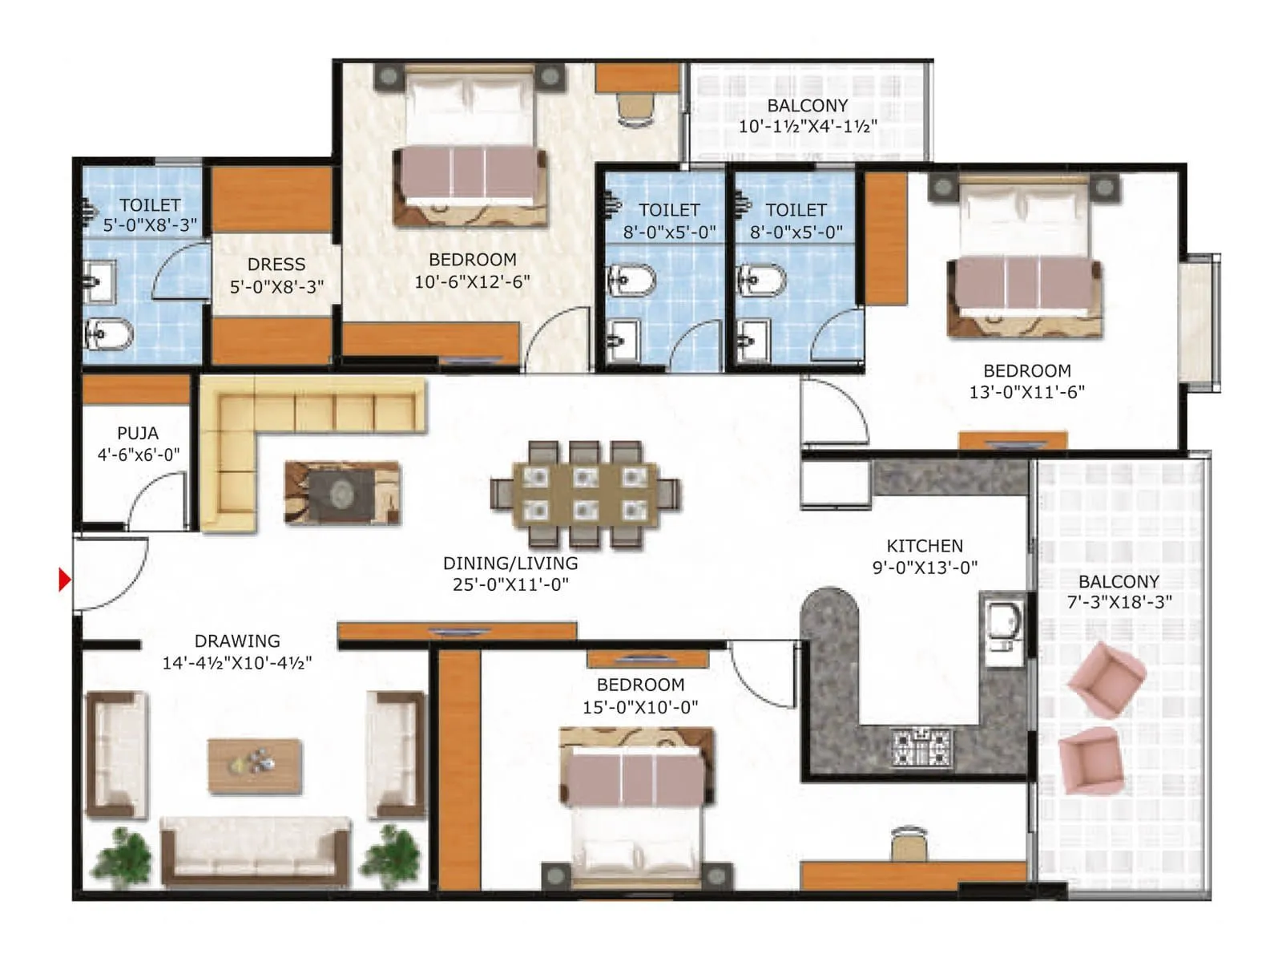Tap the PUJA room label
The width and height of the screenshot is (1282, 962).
coord(138,443)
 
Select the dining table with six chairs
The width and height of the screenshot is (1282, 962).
coord(585,494)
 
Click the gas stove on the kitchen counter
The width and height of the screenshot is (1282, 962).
coord(922,746)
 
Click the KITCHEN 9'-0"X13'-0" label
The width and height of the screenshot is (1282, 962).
coord(925,556)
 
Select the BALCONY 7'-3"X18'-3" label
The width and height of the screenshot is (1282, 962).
coord(1119,592)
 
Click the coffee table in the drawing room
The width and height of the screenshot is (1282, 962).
coord(255,766)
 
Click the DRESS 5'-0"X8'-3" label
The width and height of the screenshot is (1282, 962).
coord(276,275)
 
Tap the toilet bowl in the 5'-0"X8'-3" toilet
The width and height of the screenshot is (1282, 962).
coord(109,333)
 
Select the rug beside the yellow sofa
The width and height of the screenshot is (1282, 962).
coord(342,492)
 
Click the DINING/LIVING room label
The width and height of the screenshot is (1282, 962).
coord(510,573)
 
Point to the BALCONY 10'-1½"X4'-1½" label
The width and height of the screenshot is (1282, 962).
coord(807,115)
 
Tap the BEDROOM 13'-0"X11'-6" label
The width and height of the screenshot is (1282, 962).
coord(1026,382)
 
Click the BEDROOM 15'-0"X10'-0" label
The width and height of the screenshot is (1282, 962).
coord(640,695)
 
